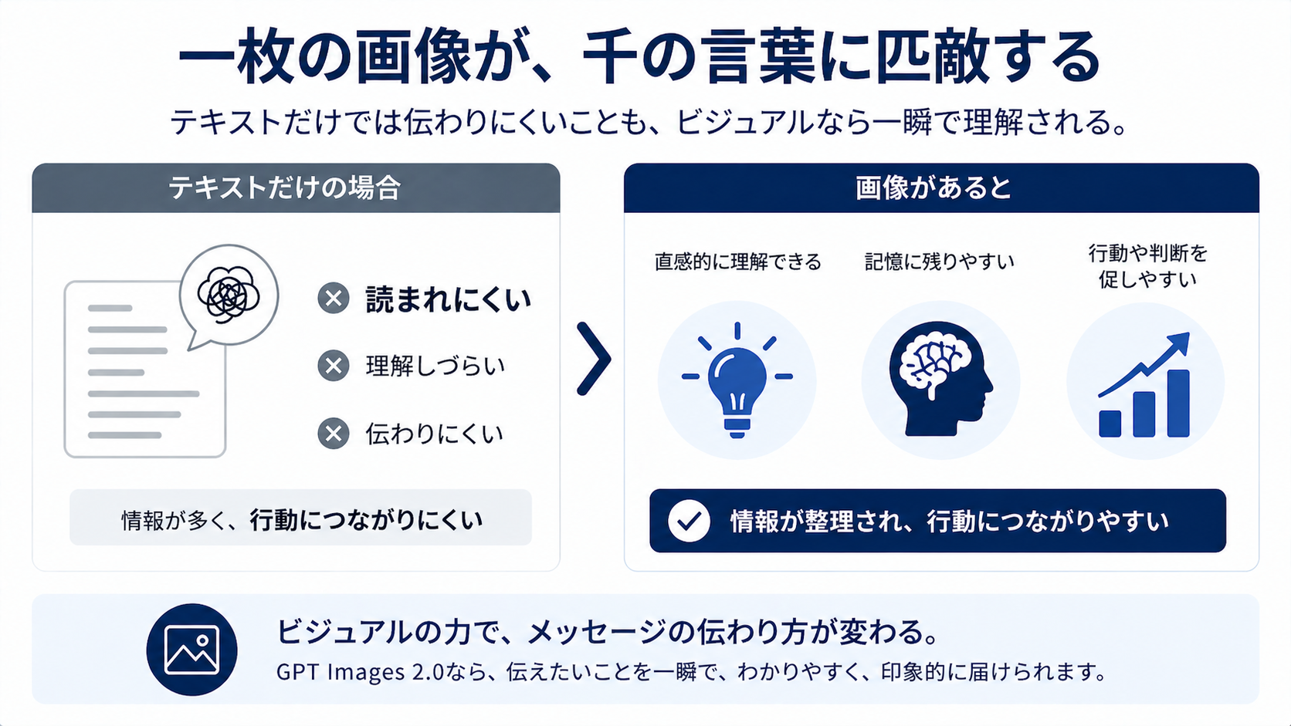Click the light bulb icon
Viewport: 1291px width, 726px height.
click(x=737, y=380)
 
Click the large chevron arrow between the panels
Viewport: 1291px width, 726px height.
click(x=595, y=359)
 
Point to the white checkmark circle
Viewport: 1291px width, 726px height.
click(x=689, y=521)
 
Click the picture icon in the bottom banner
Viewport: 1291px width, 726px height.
click(x=192, y=650)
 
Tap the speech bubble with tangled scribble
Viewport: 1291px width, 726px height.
click(x=229, y=296)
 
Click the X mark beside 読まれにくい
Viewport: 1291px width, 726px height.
click(x=333, y=299)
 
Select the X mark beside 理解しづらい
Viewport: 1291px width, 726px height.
click(x=333, y=366)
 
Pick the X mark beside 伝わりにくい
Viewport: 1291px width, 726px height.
click(x=333, y=434)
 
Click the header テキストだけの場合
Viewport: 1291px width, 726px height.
click(x=285, y=188)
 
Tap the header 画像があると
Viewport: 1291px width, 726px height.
click(x=933, y=188)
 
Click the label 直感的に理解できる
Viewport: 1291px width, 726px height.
click(x=737, y=262)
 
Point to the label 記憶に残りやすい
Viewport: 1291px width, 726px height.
click(x=940, y=262)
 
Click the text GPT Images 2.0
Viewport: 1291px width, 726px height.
click(x=361, y=672)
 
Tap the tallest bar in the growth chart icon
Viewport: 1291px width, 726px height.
click(x=1178, y=404)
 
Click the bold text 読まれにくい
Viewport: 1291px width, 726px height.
click(x=448, y=299)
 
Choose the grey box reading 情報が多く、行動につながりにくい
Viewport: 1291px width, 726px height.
click(x=300, y=517)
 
